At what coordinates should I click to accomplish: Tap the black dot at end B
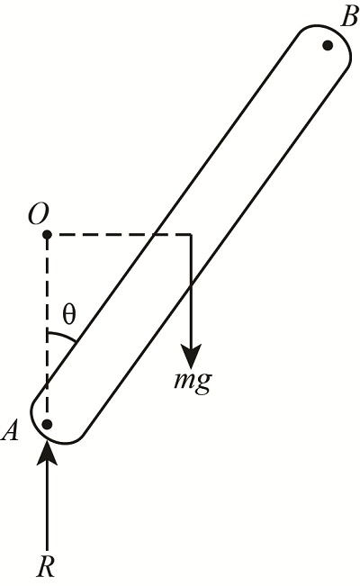tap(328, 45)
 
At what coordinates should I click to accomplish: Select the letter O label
tap(39, 213)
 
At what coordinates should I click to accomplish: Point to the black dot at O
tap(47, 235)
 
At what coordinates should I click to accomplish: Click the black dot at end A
tap(47, 422)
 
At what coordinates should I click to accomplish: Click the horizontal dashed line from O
tap(117, 235)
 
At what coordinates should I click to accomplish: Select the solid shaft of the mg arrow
tap(191, 288)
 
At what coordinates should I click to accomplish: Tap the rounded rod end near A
tap(49, 432)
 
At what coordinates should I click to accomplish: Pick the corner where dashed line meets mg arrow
tap(191, 235)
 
